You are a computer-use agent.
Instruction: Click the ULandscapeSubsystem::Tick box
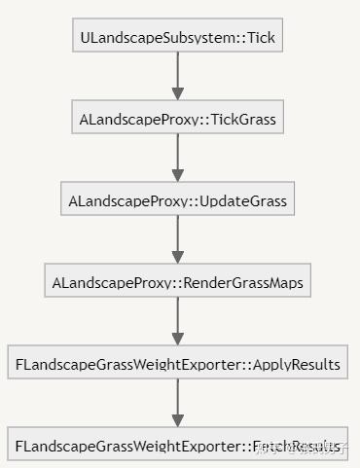177,38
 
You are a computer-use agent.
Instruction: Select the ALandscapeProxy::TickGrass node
177,120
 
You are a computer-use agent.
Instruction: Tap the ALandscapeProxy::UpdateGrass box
177,201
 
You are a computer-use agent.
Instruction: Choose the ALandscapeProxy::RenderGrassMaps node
177,283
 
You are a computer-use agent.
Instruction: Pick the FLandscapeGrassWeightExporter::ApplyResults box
177,365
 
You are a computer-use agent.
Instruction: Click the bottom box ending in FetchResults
177,447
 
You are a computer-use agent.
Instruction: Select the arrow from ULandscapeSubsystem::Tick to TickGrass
177,77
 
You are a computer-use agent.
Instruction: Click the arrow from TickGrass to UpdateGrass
177,159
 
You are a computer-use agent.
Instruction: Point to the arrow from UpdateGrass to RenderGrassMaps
177,240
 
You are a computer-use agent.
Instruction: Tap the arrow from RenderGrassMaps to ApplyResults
177,322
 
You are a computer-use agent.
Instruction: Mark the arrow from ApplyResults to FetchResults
177,404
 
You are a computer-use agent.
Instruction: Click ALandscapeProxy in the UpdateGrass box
125,201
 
